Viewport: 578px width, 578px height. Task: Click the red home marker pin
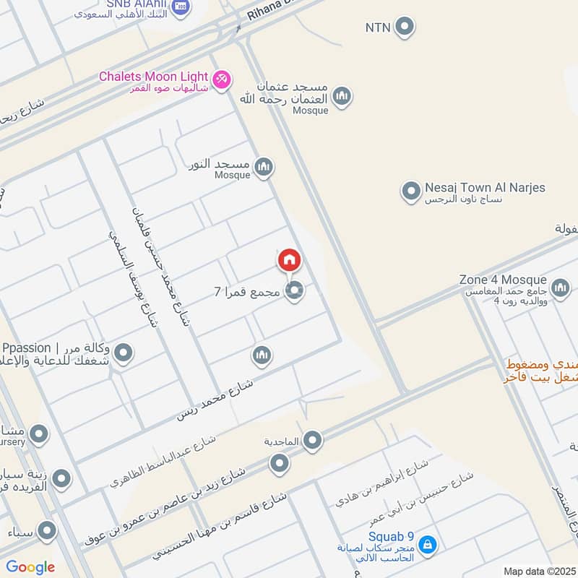point(289,260)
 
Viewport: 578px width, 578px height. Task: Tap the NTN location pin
point(405,27)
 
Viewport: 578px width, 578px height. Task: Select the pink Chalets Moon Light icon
point(222,77)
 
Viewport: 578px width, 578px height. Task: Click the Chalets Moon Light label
point(154,76)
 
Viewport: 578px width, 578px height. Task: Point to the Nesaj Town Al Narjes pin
point(411,192)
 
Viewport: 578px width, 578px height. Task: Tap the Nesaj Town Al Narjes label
point(485,188)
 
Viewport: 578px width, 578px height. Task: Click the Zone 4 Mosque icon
point(560,289)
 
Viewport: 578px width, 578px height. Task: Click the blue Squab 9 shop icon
point(427,543)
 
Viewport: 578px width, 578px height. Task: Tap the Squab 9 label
point(390,537)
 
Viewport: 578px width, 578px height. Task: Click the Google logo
point(30,567)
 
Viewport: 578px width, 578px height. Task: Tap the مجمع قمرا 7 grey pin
point(294,292)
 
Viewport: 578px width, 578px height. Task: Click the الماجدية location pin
point(312,439)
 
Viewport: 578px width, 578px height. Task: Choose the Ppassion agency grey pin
point(124,353)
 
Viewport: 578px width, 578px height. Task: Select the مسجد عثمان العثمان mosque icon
point(341,96)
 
